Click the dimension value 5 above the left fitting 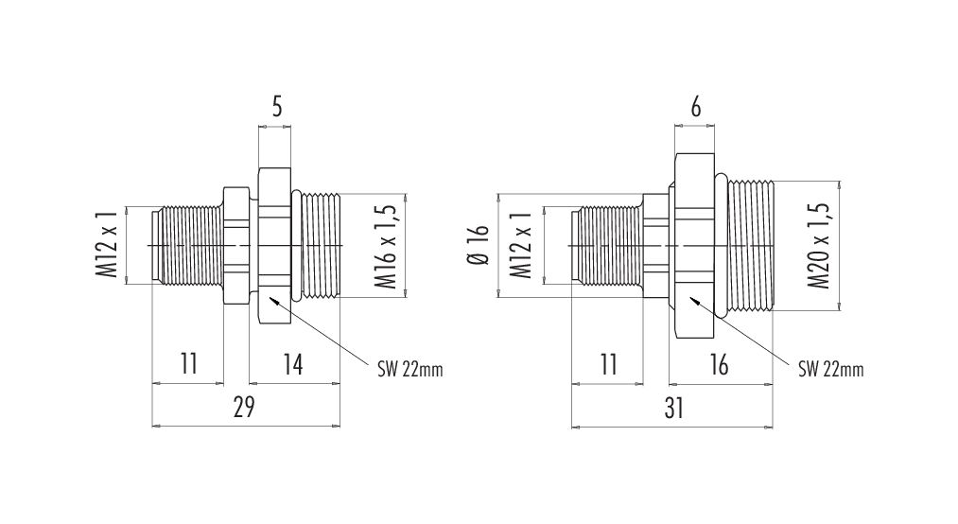click(277, 108)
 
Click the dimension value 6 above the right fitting click(695, 108)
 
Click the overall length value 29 click(244, 408)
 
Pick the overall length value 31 click(673, 409)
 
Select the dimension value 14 click(293, 364)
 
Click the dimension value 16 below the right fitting click(719, 364)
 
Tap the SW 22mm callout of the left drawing click(410, 369)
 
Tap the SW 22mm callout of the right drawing click(831, 369)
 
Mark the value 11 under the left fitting click(189, 364)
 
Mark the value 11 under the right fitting click(608, 364)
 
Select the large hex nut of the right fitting click(694, 246)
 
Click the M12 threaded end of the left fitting click(187, 246)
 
